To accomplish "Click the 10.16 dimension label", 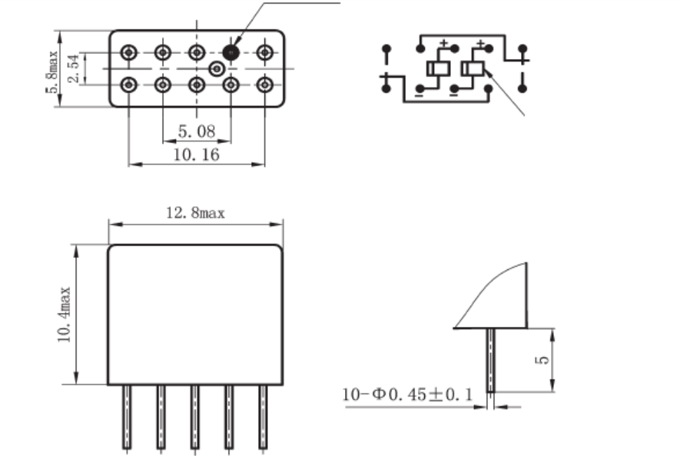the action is click(196, 154).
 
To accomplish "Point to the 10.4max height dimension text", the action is click(65, 314).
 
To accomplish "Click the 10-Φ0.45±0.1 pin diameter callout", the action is click(407, 395).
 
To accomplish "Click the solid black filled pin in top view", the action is click(230, 52).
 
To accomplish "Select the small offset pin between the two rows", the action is click(217, 68).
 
